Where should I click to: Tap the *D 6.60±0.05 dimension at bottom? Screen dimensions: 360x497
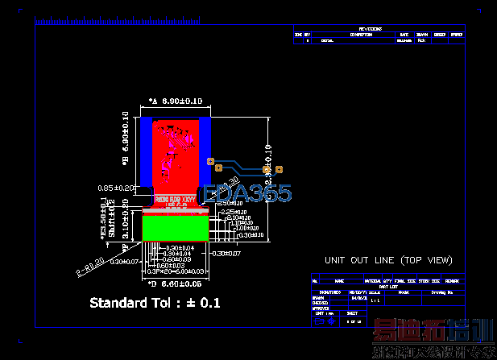click(x=176, y=284)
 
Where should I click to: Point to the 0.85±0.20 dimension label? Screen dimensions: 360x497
click(x=115, y=188)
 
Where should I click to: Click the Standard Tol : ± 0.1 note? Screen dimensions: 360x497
click(x=155, y=303)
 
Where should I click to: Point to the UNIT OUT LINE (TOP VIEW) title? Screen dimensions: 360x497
click(x=388, y=261)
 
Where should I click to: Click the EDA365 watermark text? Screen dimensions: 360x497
click(x=248, y=193)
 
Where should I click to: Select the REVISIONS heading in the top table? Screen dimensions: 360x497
click(x=382, y=29)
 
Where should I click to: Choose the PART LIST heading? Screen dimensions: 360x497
click(x=390, y=287)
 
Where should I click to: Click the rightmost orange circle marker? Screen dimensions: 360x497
click(x=280, y=169)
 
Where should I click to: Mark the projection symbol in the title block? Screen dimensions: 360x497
click(x=323, y=321)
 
